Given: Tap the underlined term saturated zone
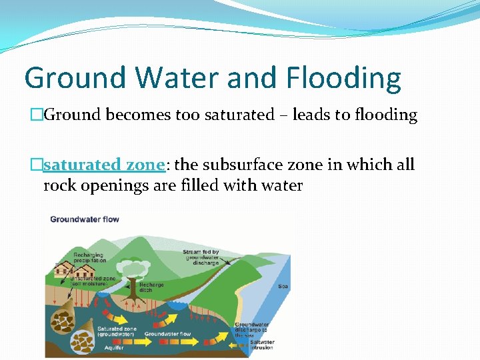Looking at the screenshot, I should click(x=103, y=165).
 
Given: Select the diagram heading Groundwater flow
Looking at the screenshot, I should click(x=85, y=219).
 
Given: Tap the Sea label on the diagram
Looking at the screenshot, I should click(x=283, y=287).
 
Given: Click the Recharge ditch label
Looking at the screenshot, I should click(x=151, y=287).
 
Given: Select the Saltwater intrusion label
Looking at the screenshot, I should click(x=263, y=345).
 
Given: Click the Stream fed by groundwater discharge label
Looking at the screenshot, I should click(x=202, y=257).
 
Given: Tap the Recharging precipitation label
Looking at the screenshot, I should click(x=89, y=257).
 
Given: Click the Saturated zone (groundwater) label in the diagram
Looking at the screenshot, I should click(x=117, y=331).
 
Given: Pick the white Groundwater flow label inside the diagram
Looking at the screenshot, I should click(x=167, y=334).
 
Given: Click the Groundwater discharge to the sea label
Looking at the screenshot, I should click(x=251, y=329).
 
